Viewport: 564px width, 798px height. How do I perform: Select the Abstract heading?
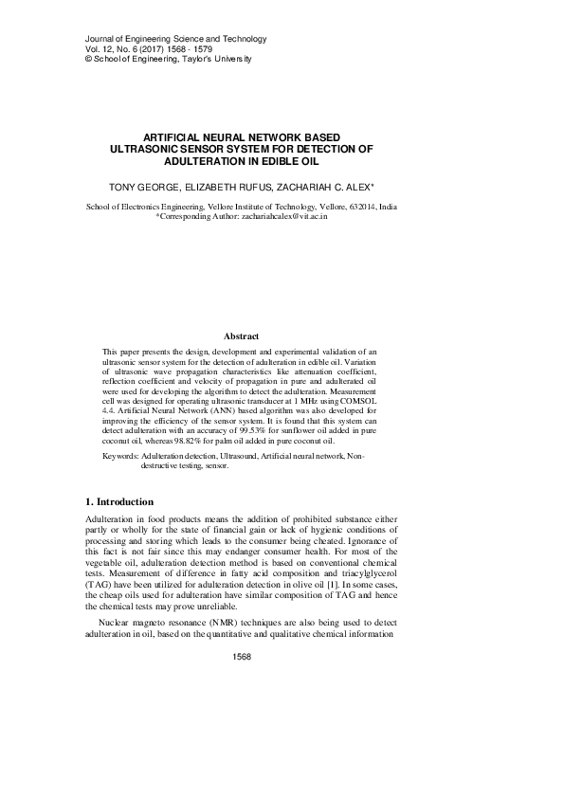[241, 336]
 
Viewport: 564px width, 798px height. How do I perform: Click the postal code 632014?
[365, 206]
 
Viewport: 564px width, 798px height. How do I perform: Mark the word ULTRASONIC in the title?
[142, 149]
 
